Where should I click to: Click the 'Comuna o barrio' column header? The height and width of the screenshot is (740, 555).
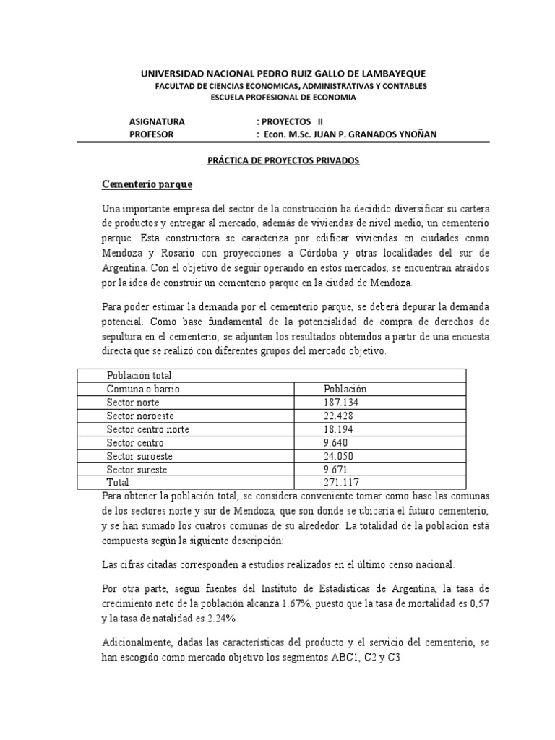(x=142, y=389)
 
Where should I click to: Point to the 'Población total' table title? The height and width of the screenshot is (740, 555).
(x=139, y=376)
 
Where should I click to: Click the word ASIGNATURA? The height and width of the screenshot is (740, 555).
(x=157, y=121)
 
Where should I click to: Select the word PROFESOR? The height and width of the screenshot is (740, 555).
(x=152, y=134)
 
